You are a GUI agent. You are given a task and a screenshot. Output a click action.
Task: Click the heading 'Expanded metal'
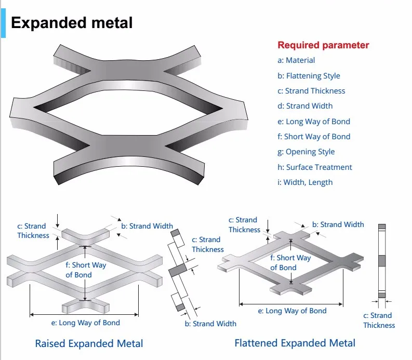tap(72, 23)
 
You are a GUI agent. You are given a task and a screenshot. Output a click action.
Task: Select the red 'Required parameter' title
tap(323, 45)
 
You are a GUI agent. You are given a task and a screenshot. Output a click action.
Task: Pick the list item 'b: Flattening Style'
tap(309, 76)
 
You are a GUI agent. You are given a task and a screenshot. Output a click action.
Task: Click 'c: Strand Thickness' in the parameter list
tap(311, 91)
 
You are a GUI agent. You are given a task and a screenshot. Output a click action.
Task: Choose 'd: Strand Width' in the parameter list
tap(305, 106)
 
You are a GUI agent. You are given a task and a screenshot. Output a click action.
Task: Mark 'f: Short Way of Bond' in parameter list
tap(314, 137)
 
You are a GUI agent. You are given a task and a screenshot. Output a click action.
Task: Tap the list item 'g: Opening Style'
tap(306, 152)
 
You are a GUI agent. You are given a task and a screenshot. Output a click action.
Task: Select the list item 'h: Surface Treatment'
tap(314, 167)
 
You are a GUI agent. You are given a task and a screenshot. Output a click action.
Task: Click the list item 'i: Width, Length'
tap(305, 182)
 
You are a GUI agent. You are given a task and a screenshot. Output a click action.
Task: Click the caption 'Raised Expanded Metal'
tap(89, 343)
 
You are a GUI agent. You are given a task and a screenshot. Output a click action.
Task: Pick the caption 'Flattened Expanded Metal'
tap(295, 343)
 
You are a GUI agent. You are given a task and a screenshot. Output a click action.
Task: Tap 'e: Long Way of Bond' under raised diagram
tap(85, 323)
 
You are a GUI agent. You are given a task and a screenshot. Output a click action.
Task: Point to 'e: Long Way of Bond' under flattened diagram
tap(293, 311)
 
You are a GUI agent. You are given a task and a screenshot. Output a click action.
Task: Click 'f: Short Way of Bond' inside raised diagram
tap(85, 270)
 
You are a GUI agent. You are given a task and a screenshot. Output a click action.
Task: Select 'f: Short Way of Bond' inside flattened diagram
tap(290, 262)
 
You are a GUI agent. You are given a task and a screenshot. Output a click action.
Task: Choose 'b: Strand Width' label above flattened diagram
tap(338, 224)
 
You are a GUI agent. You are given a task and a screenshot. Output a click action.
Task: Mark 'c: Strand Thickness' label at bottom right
tap(379, 320)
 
